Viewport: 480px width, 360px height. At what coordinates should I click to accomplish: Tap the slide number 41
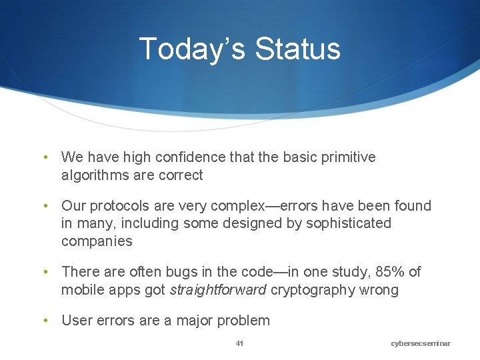pyautogui.click(x=240, y=343)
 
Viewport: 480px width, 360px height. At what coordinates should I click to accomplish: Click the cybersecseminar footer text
pyautogui.click(x=421, y=343)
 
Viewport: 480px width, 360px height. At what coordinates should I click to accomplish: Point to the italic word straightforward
pyautogui.click(x=218, y=290)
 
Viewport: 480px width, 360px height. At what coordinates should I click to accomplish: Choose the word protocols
pyautogui.click(x=117, y=206)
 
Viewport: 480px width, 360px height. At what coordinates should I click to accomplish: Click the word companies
pyautogui.click(x=97, y=241)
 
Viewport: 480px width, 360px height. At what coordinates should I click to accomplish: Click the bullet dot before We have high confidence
pyautogui.click(x=45, y=157)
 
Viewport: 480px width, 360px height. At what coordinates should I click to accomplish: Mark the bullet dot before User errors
pyautogui.click(x=45, y=321)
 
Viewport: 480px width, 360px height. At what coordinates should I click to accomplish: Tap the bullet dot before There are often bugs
pyautogui.click(x=45, y=272)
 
